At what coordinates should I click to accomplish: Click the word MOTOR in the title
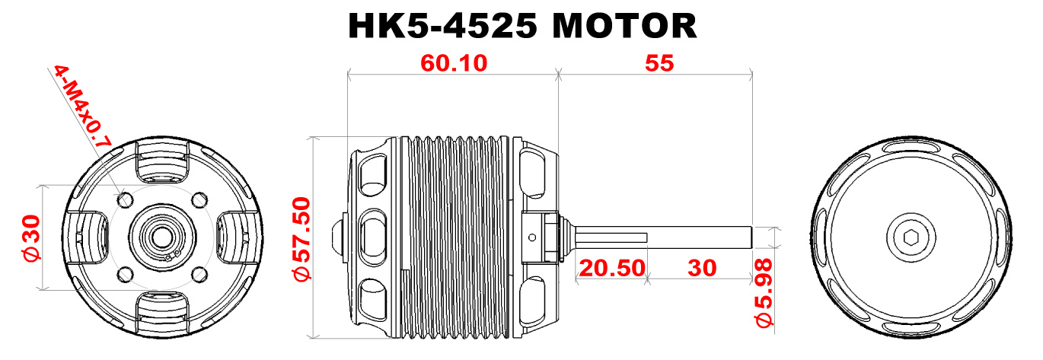coord(624,25)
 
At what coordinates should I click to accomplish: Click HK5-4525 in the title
coord(442,25)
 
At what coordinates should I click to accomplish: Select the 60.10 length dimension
coord(454,63)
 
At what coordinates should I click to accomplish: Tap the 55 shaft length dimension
coord(659,63)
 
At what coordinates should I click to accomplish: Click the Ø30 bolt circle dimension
coord(32,238)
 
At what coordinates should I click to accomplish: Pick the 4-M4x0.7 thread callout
coord(83,107)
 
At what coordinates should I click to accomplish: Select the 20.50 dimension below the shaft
coord(612,268)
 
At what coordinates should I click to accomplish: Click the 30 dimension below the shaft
coord(702,268)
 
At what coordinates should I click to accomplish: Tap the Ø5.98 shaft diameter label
coord(764,293)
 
